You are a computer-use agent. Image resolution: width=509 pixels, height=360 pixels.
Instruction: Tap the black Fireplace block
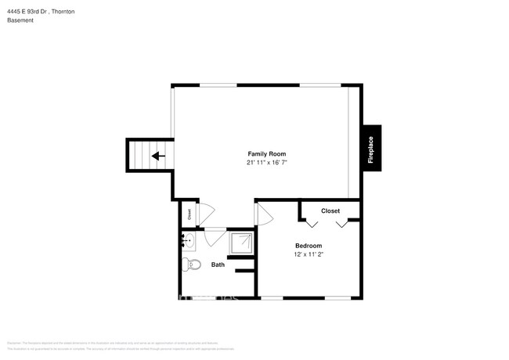(x=371, y=149)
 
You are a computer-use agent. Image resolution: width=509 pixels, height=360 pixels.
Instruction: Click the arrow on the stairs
(x=158, y=156)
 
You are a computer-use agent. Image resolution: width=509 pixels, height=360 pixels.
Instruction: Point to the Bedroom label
(x=308, y=246)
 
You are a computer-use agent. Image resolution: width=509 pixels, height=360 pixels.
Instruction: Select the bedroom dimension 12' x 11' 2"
(x=308, y=254)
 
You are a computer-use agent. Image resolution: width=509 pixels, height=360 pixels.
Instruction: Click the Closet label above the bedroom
(x=330, y=211)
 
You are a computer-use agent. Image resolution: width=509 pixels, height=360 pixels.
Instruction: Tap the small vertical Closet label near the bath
(x=189, y=212)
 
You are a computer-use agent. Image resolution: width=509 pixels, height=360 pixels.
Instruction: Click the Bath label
(x=218, y=265)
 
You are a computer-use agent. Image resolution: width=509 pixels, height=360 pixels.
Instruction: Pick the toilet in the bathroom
(x=191, y=264)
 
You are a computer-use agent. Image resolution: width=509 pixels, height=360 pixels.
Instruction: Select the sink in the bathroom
(x=189, y=240)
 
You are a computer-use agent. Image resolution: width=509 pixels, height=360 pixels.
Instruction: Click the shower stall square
(x=241, y=243)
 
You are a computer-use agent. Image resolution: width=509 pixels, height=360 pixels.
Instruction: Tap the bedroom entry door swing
(x=263, y=214)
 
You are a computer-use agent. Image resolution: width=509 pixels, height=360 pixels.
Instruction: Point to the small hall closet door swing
(x=208, y=212)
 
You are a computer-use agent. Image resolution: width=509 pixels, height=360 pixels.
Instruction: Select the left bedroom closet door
(x=312, y=224)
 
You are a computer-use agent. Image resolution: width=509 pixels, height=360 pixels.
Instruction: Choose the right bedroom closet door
(x=342, y=224)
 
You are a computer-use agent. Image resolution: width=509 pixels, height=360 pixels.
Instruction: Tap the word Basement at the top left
(x=20, y=20)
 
